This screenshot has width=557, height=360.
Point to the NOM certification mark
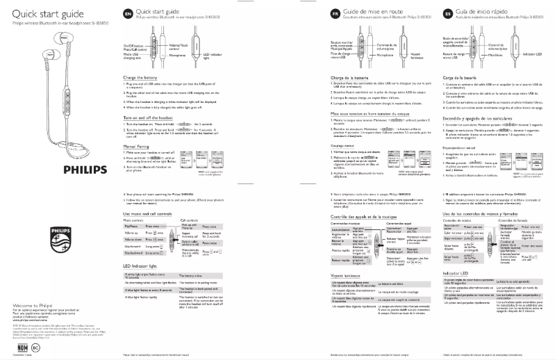[x=21, y=346]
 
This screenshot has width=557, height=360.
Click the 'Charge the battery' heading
[x=142, y=78]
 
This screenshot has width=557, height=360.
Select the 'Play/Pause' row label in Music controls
[x=131, y=227]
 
